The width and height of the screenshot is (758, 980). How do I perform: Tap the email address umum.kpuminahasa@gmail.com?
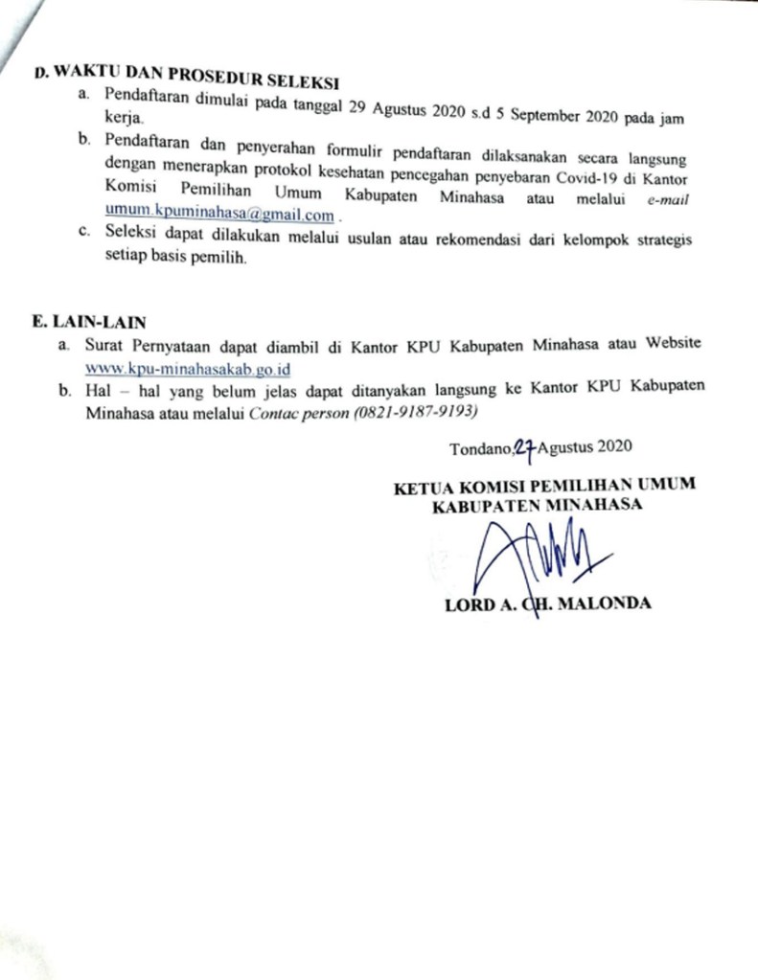pos(219,216)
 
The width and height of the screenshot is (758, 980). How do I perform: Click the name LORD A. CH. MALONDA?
pos(548,604)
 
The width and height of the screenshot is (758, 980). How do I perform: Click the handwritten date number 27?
pos(524,446)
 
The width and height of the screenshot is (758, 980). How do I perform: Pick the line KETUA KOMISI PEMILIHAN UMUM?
pos(545,486)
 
